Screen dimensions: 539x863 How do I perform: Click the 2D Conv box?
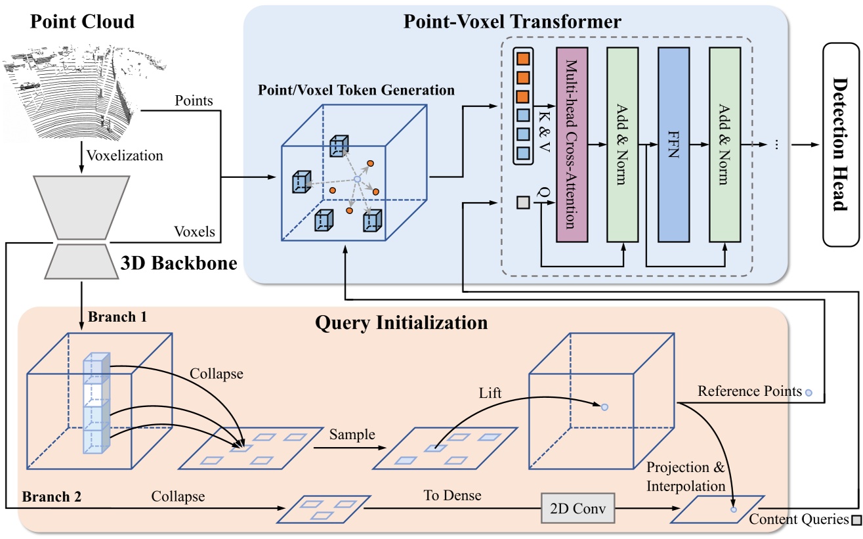[x=578, y=508]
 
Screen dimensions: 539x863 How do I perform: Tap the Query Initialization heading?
[x=401, y=323]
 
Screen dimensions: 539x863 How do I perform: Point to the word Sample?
[x=352, y=434]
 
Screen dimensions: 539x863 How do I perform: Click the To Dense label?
[x=453, y=496]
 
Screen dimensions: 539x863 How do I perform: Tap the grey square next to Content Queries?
[x=855, y=521]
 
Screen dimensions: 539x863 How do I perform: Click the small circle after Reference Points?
[x=809, y=393]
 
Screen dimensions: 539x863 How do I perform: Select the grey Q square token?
[x=522, y=204]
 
